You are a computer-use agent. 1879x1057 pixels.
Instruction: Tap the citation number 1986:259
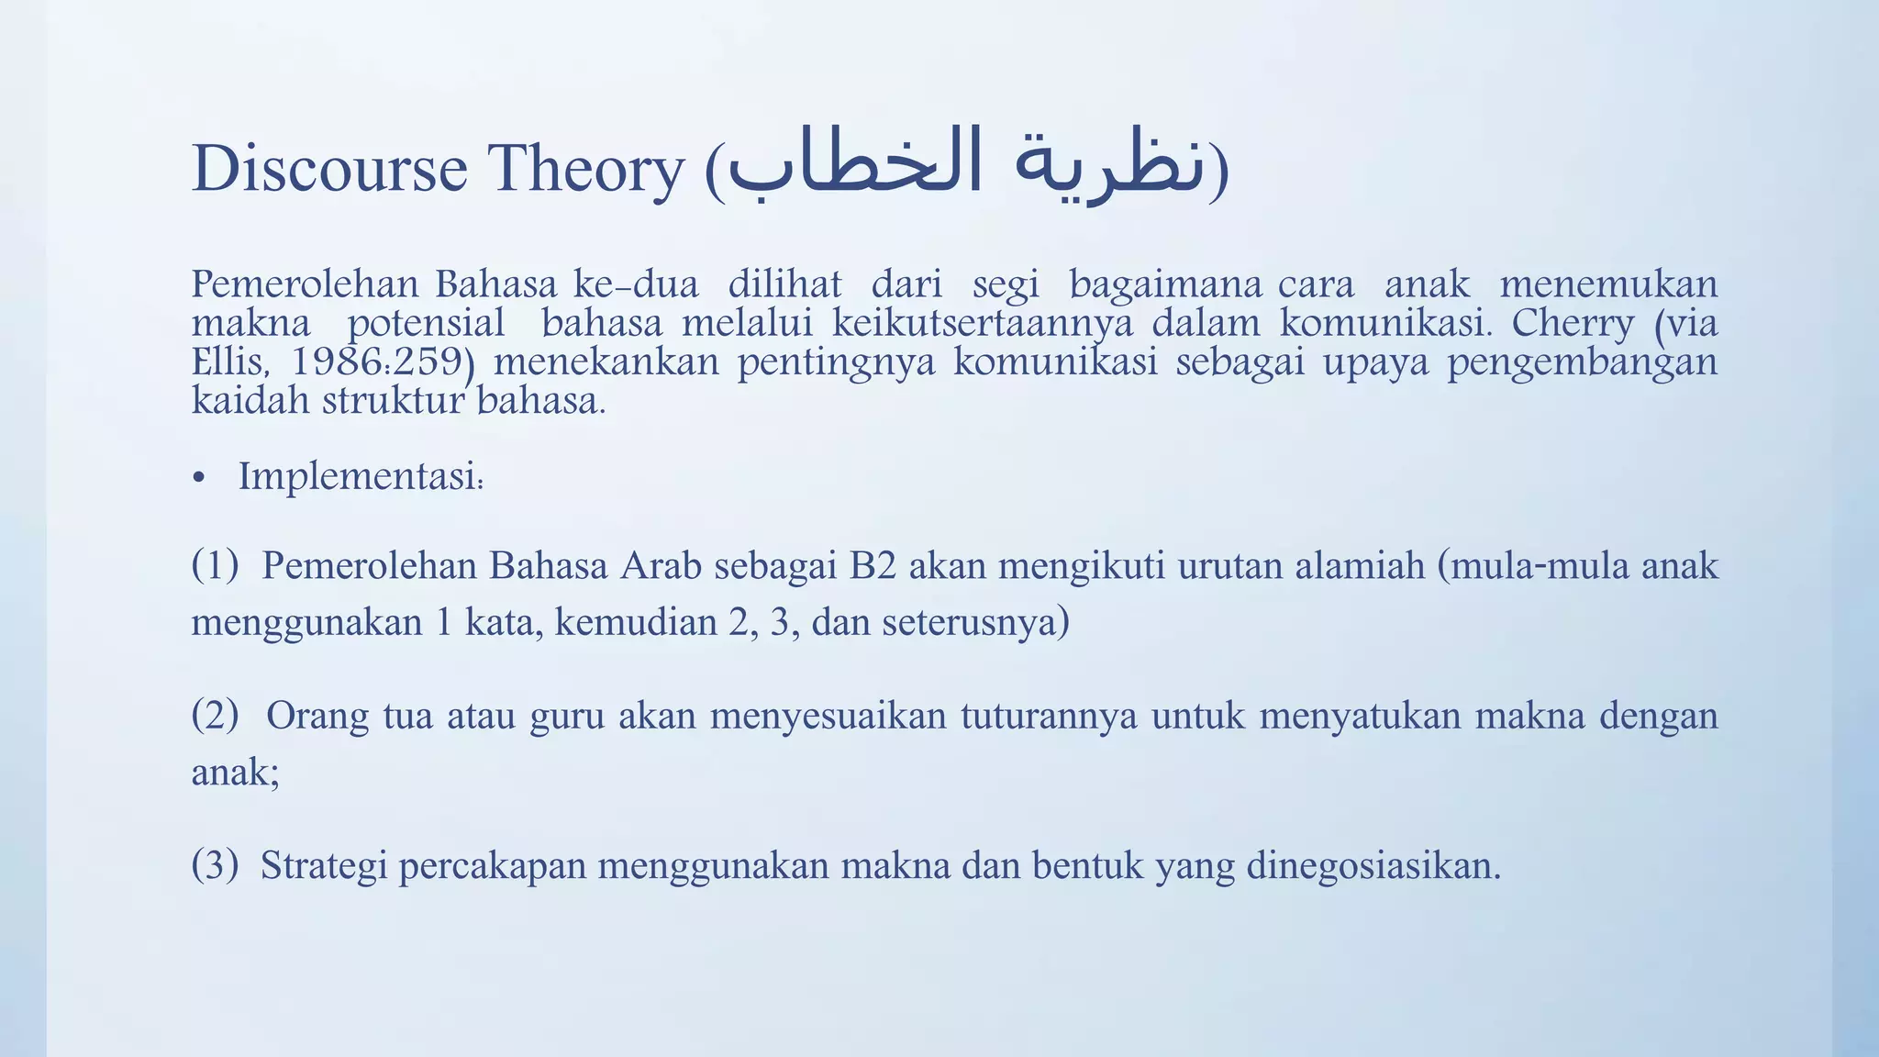pos(377,362)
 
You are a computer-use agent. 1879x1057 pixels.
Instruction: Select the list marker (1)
pos(215,565)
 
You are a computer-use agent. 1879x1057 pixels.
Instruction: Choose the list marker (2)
pos(215,715)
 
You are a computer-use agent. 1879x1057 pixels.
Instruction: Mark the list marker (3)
pos(215,864)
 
